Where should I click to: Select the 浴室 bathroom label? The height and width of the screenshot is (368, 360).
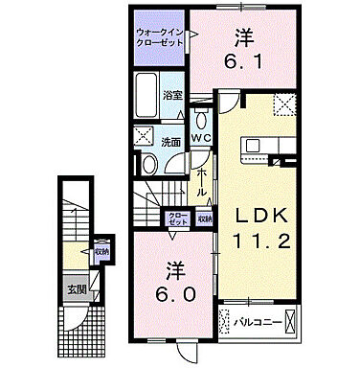pyautogui.click(x=172, y=95)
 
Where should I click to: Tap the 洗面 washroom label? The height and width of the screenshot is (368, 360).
pyautogui.click(x=169, y=143)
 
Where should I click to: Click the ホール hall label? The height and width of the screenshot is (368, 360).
pyautogui.click(x=202, y=183)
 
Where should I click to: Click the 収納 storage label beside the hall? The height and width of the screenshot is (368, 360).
pyautogui.click(x=204, y=218)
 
